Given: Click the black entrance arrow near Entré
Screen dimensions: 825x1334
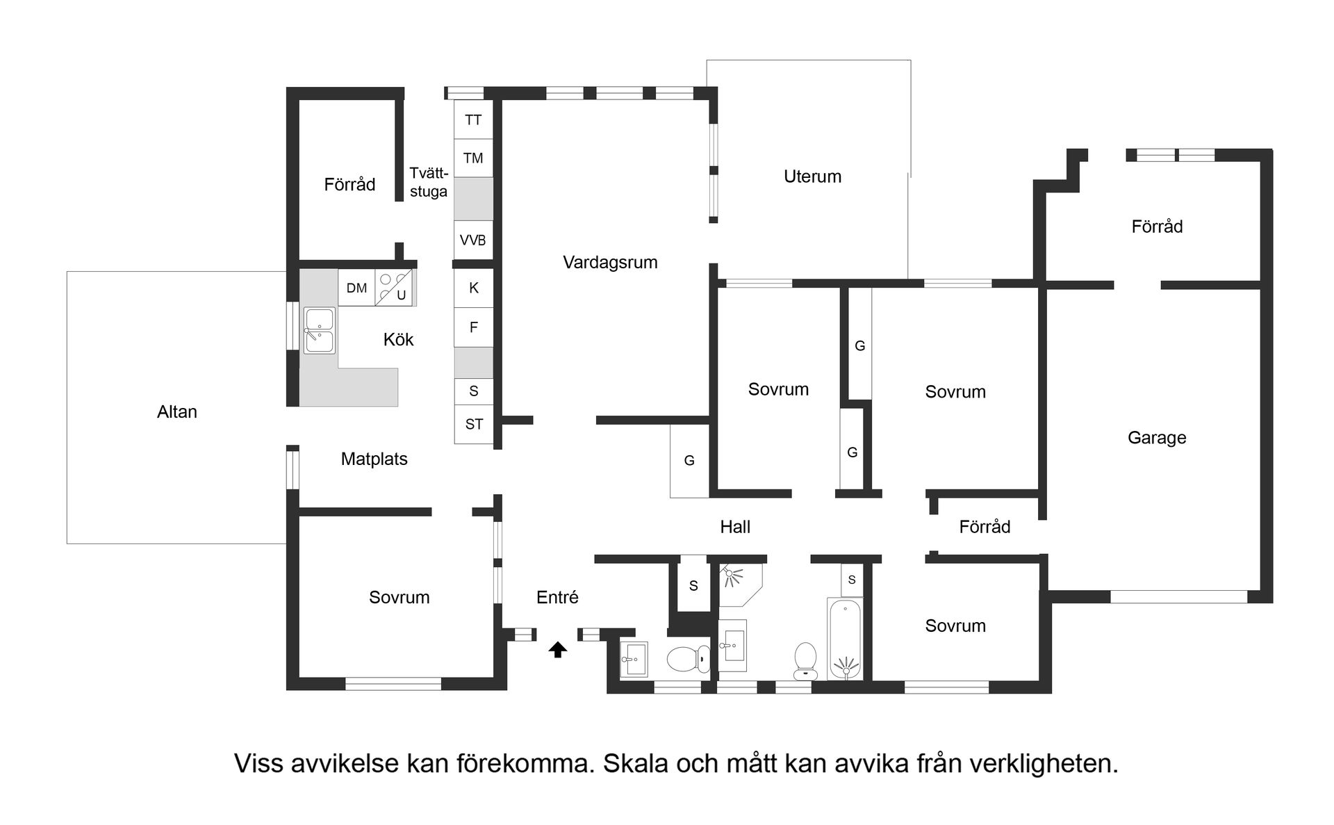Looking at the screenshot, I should point(558,650).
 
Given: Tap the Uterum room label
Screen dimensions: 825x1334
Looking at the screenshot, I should point(812,177).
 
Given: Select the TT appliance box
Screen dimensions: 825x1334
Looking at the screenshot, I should point(473,120).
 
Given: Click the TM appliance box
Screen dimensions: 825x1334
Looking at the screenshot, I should point(473,158).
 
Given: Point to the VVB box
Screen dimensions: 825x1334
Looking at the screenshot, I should point(473,240).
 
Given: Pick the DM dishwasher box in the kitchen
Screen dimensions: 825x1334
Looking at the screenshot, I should point(356,288).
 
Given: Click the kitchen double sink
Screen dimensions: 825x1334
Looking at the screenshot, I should point(320,330).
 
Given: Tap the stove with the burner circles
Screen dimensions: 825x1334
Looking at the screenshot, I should point(394,287).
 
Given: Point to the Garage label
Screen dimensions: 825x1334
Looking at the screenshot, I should point(1157,438).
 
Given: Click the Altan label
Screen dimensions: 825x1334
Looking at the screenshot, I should point(177,412).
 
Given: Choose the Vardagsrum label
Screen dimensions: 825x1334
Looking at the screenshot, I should point(610,263).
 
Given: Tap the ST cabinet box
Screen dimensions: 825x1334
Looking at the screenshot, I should point(474,424).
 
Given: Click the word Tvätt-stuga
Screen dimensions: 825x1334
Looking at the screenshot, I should point(429,182).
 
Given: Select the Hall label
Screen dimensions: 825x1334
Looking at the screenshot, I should point(735,527).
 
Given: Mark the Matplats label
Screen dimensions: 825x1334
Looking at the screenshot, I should point(374,459).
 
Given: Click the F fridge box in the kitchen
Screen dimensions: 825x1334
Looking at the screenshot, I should point(474,327).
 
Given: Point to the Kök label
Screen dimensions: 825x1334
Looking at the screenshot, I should point(398,339).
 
